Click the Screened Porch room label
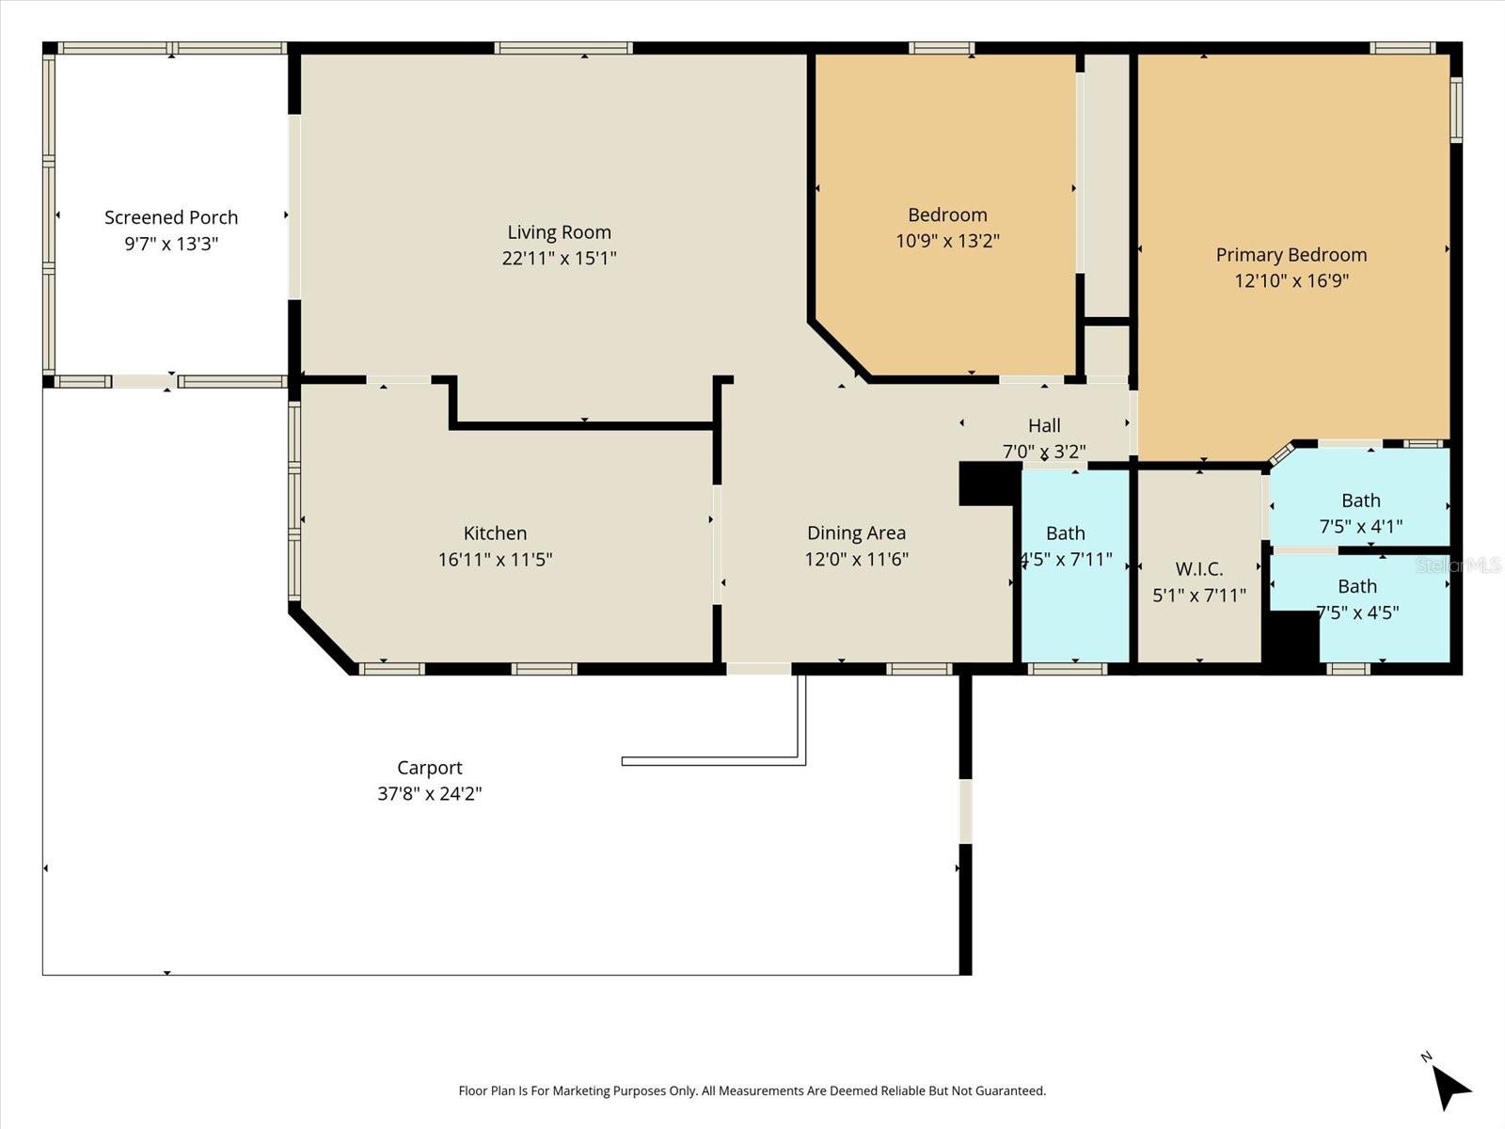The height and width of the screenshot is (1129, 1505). (171, 217)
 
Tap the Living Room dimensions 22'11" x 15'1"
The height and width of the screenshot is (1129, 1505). (559, 258)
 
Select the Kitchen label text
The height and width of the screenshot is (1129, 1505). (495, 533)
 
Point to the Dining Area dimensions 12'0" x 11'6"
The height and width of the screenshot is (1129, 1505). (856, 559)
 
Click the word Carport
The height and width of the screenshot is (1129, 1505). (430, 768)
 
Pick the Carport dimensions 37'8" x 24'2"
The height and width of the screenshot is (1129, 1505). (430, 793)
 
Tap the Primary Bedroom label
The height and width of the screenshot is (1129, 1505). (1291, 254)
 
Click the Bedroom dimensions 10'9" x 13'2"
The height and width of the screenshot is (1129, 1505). (947, 241)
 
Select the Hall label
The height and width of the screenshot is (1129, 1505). (1044, 425)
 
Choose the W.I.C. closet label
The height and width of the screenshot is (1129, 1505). (1198, 568)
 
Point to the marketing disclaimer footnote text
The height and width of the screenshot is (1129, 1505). (752, 1090)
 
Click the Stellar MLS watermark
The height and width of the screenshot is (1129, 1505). (1459, 564)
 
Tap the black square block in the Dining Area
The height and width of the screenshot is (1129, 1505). (989, 483)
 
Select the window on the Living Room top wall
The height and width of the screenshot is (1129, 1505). (562, 48)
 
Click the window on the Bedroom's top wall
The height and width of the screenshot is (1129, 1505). (941, 48)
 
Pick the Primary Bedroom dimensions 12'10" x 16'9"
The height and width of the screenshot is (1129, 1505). (1291, 280)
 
